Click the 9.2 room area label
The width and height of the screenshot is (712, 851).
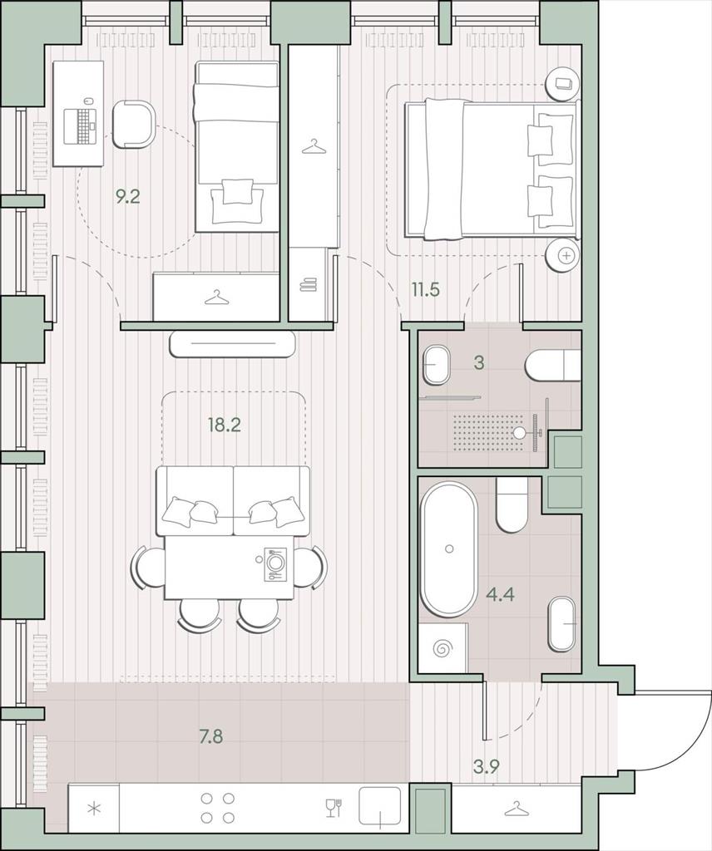[128, 196]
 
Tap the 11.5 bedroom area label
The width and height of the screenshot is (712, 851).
[425, 290]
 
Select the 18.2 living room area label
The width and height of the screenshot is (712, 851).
[225, 425]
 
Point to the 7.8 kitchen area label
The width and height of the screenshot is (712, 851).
[210, 737]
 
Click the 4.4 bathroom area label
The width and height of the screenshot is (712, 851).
[500, 594]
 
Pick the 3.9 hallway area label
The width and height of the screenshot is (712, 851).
[486, 767]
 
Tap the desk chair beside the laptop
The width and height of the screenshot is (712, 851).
[135, 124]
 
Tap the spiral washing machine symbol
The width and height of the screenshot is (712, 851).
[442, 648]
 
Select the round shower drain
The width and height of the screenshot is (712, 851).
[521, 432]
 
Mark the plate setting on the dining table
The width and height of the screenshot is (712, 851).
[275, 565]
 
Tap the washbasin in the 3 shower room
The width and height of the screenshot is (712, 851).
[437, 365]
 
